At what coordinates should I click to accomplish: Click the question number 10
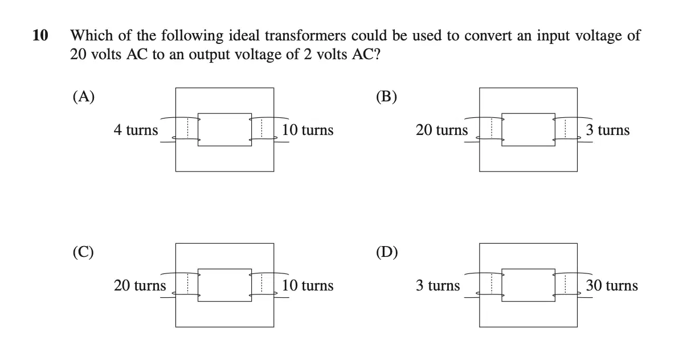tap(40, 35)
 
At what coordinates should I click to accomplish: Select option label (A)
tap(84, 96)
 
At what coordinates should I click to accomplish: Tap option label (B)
tap(386, 96)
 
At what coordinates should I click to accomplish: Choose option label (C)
tap(83, 252)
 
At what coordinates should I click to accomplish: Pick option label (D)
tap(387, 252)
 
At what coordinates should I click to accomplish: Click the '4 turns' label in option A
tap(136, 130)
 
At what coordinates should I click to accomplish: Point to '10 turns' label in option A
tap(308, 130)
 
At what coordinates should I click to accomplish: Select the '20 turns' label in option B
tap(441, 130)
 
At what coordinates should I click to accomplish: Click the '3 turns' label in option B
tap(607, 130)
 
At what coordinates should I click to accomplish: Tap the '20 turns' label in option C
tap(140, 285)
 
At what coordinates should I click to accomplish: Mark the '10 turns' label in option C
tap(308, 285)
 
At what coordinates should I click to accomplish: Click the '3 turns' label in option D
tap(438, 285)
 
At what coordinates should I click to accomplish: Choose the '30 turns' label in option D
tap(611, 285)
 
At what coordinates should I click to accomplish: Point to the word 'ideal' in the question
tap(244, 35)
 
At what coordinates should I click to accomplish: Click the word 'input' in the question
tap(553, 36)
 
